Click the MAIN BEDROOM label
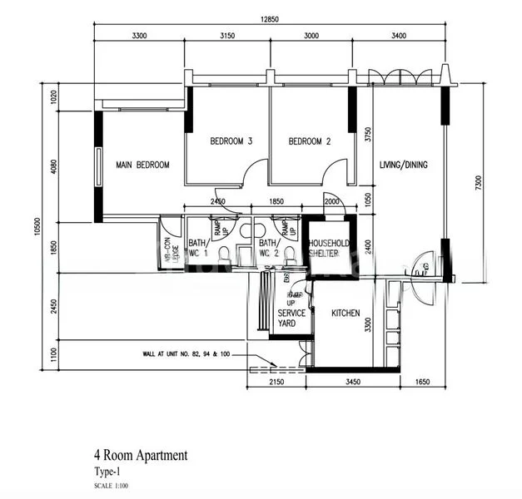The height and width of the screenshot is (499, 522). coord(142,165)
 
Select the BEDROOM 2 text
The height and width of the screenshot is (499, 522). coord(310,141)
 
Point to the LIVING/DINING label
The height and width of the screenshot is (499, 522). coord(403,165)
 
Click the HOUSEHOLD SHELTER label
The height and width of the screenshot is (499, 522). coord(330,249)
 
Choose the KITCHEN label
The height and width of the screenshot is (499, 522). coord(346,314)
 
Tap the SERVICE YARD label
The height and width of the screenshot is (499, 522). coord(292,319)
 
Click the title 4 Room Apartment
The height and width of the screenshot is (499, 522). coord(141,455)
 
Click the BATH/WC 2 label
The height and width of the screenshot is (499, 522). coord(268,248)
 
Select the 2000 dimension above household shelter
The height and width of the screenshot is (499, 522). coord(331,202)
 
